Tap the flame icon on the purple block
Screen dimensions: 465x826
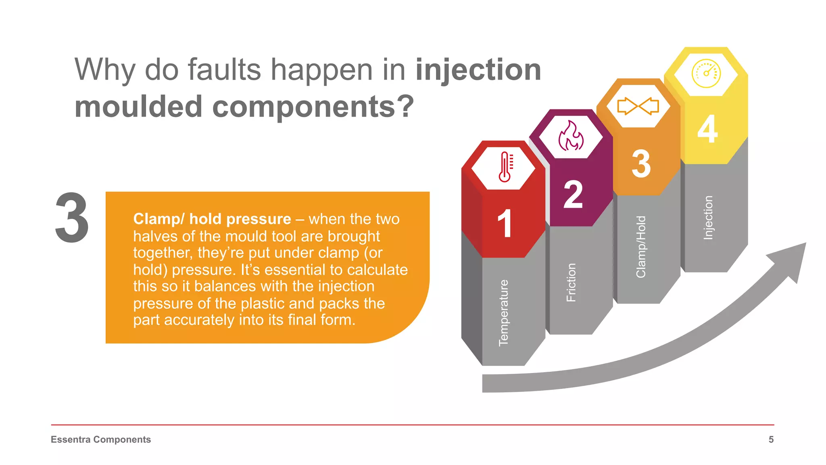coord(571,136)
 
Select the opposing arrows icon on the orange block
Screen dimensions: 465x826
coord(638,106)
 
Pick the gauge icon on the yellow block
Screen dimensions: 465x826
coord(706,73)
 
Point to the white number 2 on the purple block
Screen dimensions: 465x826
coord(573,195)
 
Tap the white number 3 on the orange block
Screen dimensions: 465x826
coord(641,163)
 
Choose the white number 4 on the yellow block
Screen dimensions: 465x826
coord(707,129)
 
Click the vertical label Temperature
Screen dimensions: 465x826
coord(504,313)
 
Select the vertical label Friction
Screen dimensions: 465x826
coord(571,283)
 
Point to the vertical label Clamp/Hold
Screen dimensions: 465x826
coord(641,247)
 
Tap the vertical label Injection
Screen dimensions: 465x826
coord(708,218)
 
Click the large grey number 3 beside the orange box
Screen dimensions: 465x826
coord(72,218)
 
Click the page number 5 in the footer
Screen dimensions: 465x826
coord(771,440)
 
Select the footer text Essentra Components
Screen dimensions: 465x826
coord(101,440)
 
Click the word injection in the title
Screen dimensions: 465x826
coord(478,70)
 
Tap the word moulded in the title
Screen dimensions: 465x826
coord(138,107)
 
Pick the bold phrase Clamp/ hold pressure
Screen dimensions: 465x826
coord(212,219)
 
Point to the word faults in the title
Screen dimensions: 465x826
coord(224,70)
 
